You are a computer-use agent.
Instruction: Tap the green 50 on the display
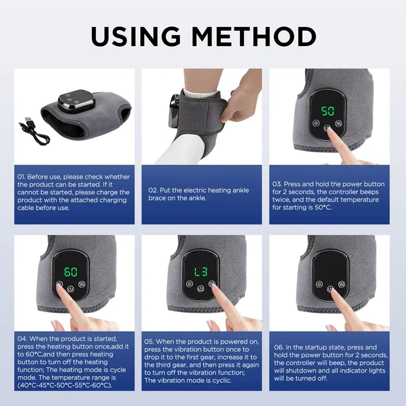coord(327,111)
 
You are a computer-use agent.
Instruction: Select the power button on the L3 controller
coord(201,288)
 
